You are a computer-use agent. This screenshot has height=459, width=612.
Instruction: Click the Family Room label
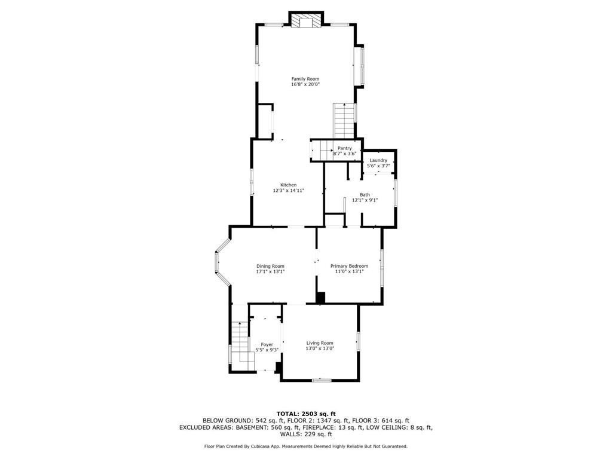[305, 79]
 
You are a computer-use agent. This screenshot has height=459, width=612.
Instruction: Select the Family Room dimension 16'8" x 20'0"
[305, 85]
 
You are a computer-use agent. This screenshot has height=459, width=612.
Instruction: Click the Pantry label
[344, 148]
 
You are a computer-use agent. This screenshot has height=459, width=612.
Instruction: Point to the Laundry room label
[378, 160]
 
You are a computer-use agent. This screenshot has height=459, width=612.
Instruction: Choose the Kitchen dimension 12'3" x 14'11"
[289, 191]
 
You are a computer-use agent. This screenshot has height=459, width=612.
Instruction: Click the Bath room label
[365, 195]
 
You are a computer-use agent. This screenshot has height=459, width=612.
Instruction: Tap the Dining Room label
[270, 266]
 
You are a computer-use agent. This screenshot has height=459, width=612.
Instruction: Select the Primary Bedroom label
[350, 266]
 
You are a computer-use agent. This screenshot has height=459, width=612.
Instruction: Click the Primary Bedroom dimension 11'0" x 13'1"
[350, 271]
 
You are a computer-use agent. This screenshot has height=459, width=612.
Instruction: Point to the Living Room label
[320, 343]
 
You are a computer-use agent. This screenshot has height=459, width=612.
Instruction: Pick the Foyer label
[267, 344]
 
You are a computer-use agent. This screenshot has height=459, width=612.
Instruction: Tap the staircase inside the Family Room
[344, 120]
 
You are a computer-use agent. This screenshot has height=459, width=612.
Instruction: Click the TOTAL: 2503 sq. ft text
[306, 414]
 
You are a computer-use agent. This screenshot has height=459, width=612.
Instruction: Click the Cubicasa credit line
[306, 446]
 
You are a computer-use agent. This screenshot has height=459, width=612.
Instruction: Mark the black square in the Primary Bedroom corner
[320, 298]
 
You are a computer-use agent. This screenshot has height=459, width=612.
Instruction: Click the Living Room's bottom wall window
[322, 380]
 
